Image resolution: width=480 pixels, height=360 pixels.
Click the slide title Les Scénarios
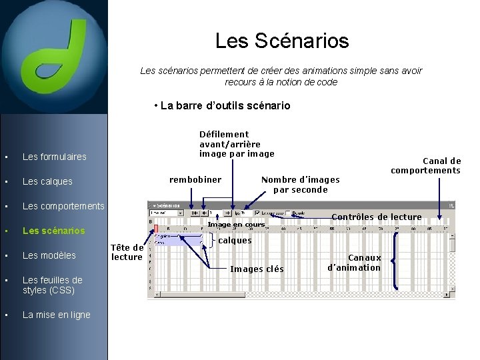pyautogui.click(x=281, y=41)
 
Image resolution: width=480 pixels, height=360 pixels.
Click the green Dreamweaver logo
pyautogui.click(x=53, y=55)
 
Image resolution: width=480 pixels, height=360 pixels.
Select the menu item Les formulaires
pyautogui.click(x=54, y=157)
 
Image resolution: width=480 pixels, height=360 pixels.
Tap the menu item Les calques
pyautogui.click(x=47, y=181)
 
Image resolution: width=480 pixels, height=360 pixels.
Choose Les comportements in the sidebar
pyautogui.click(x=63, y=206)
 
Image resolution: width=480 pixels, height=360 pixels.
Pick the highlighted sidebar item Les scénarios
pyautogui.click(x=53, y=231)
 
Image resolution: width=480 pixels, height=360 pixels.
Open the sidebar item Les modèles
pyautogui.click(x=49, y=255)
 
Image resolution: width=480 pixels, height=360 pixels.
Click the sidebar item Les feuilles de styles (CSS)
pyautogui.click(x=52, y=285)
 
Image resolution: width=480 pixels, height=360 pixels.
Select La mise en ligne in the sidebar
pyautogui.click(x=56, y=315)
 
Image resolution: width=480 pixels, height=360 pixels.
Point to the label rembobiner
pyautogui.click(x=195, y=179)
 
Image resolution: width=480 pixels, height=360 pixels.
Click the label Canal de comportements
pyautogui.click(x=425, y=165)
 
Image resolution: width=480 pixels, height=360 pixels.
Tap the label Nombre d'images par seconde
pyautogui.click(x=300, y=184)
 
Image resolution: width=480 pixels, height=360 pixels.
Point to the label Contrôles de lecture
pyautogui.click(x=376, y=217)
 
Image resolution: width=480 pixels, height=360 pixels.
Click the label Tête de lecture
pyautogui.click(x=127, y=252)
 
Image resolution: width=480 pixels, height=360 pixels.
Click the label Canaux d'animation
pyautogui.click(x=354, y=263)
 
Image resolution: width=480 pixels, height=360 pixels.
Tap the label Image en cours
pyautogui.click(x=236, y=225)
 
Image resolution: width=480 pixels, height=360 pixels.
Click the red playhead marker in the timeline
pyautogui.click(x=156, y=229)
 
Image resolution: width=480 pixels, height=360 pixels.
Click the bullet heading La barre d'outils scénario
pyautogui.click(x=221, y=105)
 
